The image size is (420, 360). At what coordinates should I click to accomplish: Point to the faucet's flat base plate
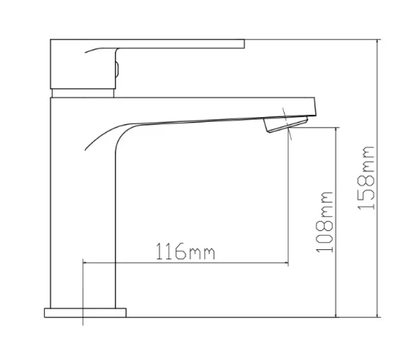(85, 312)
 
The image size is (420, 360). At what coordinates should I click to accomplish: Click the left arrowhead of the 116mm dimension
(87, 263)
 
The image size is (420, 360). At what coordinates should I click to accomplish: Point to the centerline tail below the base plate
(83, 321)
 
